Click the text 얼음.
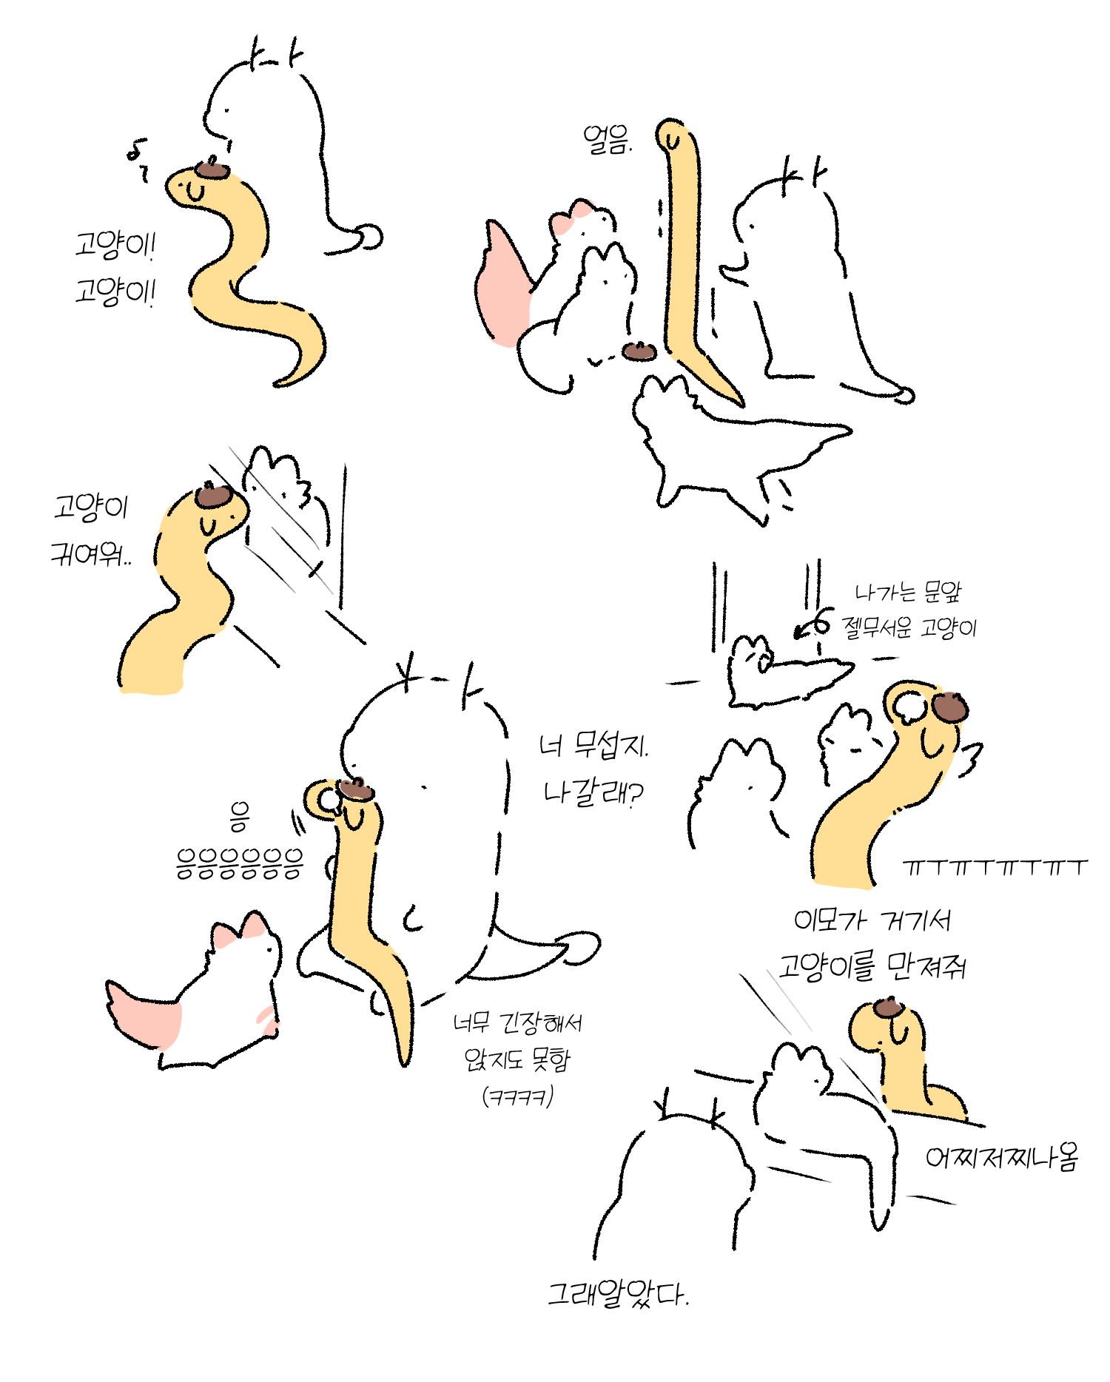(607, 139)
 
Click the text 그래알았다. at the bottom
(618, 1295)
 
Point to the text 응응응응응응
(239, 863)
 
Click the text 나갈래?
(593, 794)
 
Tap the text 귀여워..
(91, 553)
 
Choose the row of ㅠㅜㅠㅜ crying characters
(995, 867)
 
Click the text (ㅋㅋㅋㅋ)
(517, 1096)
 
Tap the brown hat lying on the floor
(639, 350)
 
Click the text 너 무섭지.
(593, 744)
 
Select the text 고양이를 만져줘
(872, 966)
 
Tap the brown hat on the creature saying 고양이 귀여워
(214, 495)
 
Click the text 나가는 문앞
(908, 591)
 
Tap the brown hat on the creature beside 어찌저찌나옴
(888, 1007)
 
